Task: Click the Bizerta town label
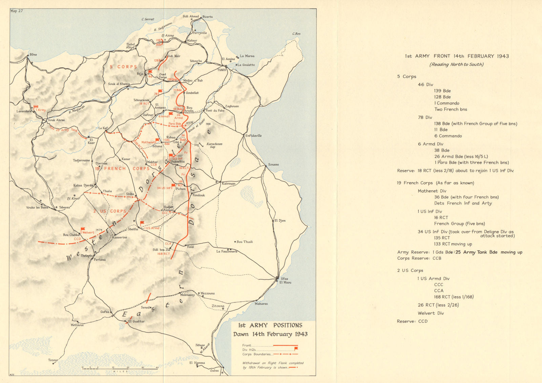click(x=207, y=17)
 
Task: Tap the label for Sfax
click(x=284, y=279)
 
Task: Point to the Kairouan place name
click(x=228, y=183)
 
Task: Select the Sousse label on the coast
click(x=273, y=164)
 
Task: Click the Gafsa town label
click(x=105, y=312)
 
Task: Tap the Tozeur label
click(x=53, y=360)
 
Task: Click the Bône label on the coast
click(x=33, y=55)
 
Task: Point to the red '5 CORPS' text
click(x=123, y=67)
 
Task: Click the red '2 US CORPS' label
click(x=110, y=211)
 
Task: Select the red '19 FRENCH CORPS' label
click(x=122, y=168)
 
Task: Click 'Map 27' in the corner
click(x=17, y=11)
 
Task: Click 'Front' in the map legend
click(x=247, y=345)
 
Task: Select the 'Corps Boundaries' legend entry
click(x=257, y=354)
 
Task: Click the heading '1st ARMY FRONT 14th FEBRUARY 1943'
click(x=457, y=56)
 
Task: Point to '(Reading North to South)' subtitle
click(x=456, y=64)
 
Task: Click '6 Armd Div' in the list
click(x=431, y=144)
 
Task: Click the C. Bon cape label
click(x=296, y=34)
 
